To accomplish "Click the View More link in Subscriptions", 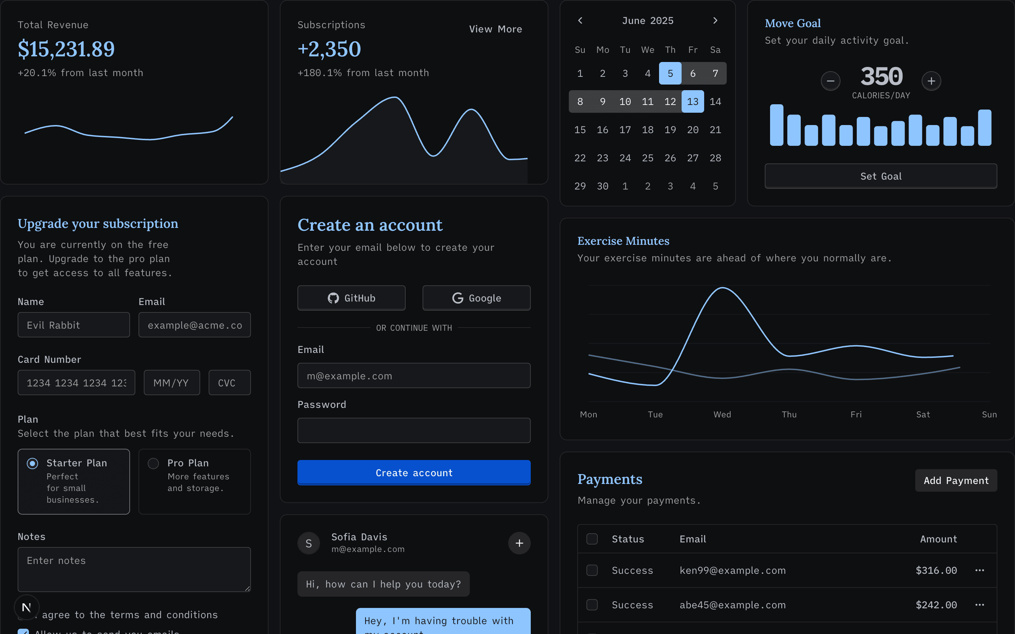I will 495,29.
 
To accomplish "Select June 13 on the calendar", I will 693,101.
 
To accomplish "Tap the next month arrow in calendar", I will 715,20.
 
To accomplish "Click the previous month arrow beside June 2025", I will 580,20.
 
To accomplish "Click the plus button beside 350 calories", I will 931,81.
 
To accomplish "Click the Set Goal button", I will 880,176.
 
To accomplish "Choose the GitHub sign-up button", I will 351,298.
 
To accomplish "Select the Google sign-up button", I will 476,298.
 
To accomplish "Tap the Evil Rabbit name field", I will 73,325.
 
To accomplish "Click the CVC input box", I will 229,383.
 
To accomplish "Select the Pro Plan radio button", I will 154,463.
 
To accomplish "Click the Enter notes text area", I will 134,569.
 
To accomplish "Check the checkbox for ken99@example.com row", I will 592,570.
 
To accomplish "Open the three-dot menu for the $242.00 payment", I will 979,605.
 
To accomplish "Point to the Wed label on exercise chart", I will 722,414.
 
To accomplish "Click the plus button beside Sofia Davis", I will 519,543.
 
